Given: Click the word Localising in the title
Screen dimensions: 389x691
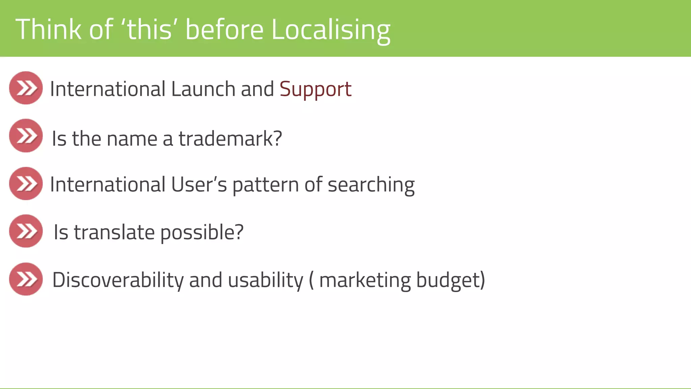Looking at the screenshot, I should (x=331, y=30).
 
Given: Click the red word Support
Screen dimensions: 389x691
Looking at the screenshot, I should (x=315, y=89).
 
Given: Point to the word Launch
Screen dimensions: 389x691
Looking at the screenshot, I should (x=203, y=89).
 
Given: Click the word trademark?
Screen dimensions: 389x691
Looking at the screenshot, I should (x=230, y=138).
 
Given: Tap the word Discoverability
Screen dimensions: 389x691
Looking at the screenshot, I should (x=118, y=280).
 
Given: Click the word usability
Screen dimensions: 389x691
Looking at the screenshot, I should (x=266, y=280).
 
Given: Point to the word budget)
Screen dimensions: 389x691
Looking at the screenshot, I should (x=450, y=280).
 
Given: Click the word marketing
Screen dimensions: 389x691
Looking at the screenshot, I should (x=365, y=280).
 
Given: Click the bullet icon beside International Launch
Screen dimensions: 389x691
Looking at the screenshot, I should (x=26, y=88).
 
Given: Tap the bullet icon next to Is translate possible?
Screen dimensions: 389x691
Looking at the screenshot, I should (x=26, y=231).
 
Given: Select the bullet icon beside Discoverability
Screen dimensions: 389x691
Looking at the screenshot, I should (x=26, y=279).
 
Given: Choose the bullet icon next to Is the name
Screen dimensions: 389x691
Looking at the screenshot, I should (x=26, y=135).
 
